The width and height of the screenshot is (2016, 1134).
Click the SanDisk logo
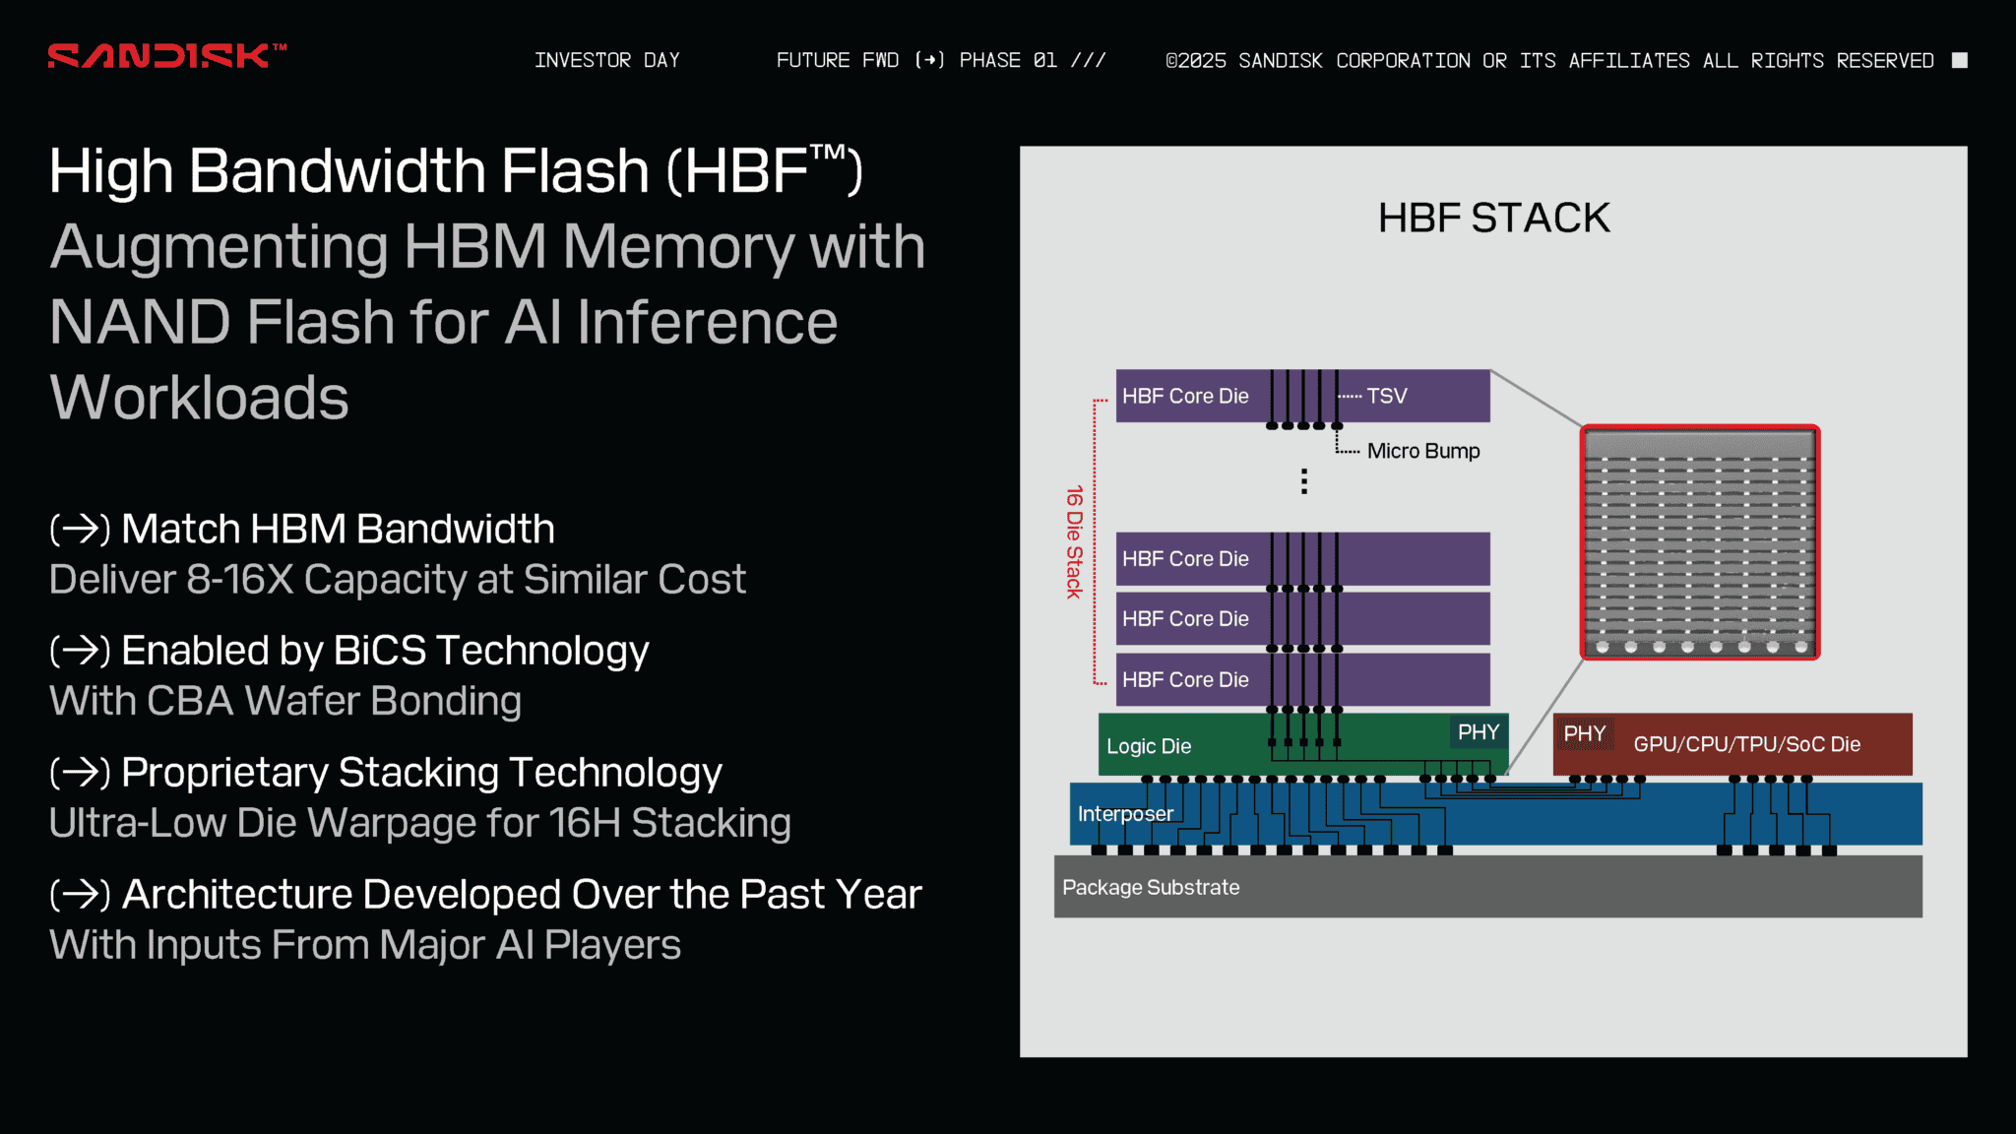(165, 56)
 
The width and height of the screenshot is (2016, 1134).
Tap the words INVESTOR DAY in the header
(606, 61)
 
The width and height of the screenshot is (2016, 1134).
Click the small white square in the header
(1959, 61)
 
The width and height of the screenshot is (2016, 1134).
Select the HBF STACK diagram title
(1493, 219)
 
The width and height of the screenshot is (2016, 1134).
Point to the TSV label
(1386, 396)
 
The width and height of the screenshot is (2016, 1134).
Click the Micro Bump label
(1422, 451)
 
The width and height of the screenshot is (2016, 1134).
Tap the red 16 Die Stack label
(1074, 541)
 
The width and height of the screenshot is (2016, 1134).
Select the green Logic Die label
(1149, 746)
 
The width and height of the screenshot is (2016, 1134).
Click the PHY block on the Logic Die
(1478, 732)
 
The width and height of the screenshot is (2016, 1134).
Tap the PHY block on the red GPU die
(1584, 733)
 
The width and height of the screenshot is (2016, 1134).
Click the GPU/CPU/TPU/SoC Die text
(1746, 744)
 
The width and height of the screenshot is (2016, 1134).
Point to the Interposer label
(1125, 814)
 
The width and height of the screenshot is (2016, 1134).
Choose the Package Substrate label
(1151, 887)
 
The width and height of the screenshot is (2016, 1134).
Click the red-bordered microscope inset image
(1700, 542)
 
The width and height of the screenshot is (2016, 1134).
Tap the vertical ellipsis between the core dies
(1304, 481)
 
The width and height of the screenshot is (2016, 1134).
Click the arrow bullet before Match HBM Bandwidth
(80, 530)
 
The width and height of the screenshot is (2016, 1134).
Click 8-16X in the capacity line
(240, 580)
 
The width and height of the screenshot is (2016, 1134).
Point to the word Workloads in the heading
(199, 398)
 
